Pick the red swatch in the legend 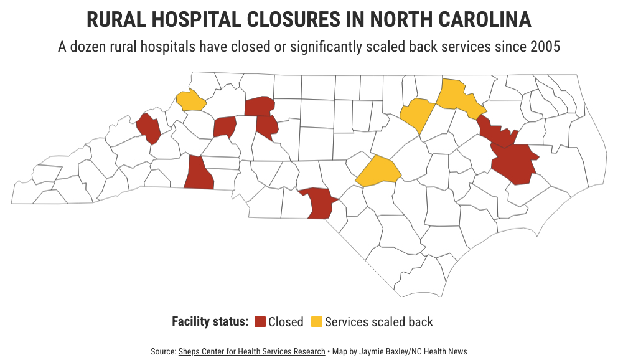[x=260, y=322]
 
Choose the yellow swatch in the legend [x=316, y=322]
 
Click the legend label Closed [x=286, y=322]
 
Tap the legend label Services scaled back [x=378, y=322]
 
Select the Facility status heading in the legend [x=210, y=322]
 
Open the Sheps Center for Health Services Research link [x=251, y=351]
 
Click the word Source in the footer [x=162, y=351]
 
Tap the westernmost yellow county [x=191, y=100]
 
